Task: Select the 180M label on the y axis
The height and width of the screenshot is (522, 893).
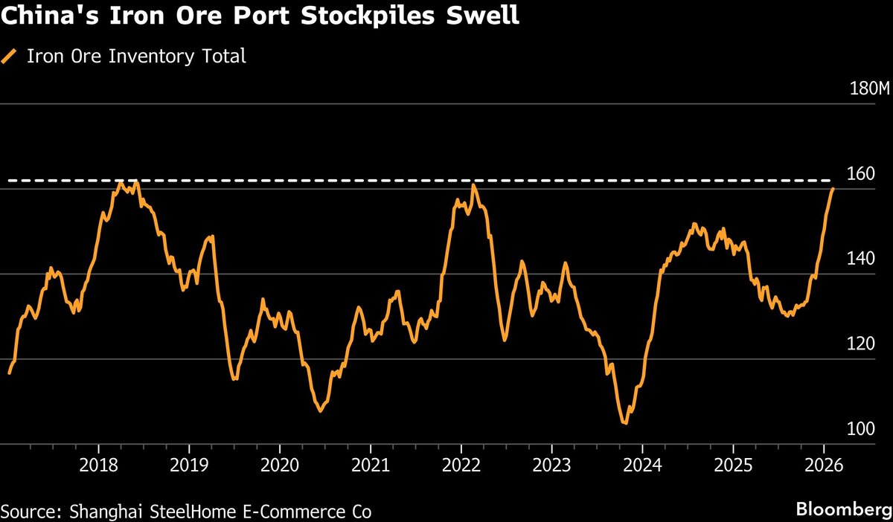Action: point(869,89)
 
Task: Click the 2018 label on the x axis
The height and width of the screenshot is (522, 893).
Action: point(98,465)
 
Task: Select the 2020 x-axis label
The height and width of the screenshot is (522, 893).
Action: point(280,465)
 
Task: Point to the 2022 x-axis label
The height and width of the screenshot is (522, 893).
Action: point(461,465)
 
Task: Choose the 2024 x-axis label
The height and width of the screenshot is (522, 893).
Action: point(642,465)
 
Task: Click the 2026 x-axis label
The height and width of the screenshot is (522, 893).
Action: point(824,465)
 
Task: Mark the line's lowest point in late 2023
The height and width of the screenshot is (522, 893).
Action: point(625,423)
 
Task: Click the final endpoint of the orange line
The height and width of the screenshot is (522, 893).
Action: point(833,189)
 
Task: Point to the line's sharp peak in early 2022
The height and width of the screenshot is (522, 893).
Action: point(473,184)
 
